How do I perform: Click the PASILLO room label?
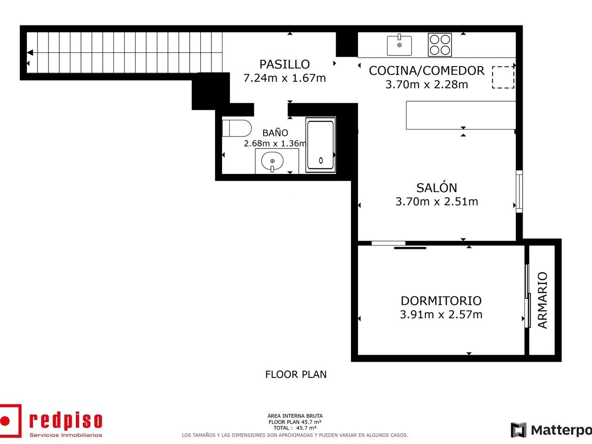point(284,64)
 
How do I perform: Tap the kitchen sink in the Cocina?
point(399,45)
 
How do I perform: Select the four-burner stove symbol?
point(440,45)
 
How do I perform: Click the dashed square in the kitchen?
point(503,77)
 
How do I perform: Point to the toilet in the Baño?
point(236,128)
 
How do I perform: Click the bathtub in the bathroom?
point(321,145)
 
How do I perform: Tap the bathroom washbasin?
point(272,161)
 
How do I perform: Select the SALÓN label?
point(437,188)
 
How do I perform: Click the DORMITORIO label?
point(441,301)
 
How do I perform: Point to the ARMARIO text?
point(542,300)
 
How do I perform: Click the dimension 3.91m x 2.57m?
point(441,314)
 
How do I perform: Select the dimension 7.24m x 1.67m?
point(284,78)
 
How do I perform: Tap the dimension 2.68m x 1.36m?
point(275,143)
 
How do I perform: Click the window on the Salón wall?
point(519,191)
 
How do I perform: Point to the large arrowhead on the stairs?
point(30,52)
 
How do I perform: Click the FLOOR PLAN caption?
point(296,375)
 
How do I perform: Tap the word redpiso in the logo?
point(66,420)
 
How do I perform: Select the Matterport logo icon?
point(518,430)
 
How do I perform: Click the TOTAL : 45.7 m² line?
point(295,428)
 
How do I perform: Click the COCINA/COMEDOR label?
point(427,71)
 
